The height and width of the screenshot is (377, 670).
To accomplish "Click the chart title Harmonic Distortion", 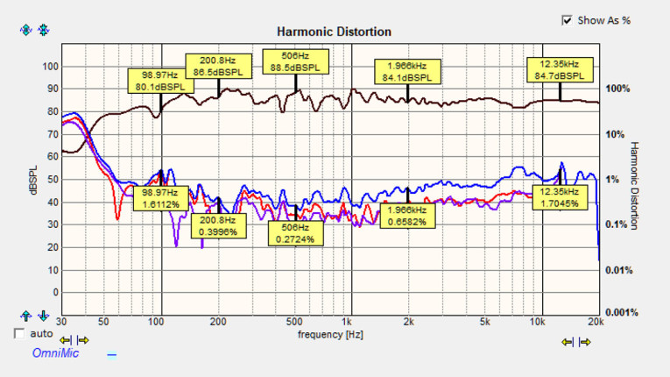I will pyautogui.click(x=334, y=32).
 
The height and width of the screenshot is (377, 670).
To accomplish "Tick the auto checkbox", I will pyautogui.click(x=20, y=333).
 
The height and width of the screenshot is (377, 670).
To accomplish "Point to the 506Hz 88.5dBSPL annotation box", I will pyautogui.click(x=294, y=61).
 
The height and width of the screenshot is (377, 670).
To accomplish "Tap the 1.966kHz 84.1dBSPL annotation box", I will pyautogui.click(x=407, y=70).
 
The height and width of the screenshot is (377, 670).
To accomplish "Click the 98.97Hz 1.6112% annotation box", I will pyautogui.click(x=160, y=198).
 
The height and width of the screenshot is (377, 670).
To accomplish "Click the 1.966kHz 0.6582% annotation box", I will pyautogui.click(x=407, y=216).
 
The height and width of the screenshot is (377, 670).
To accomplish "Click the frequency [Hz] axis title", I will pyautogui.click(x=330, y=335).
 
